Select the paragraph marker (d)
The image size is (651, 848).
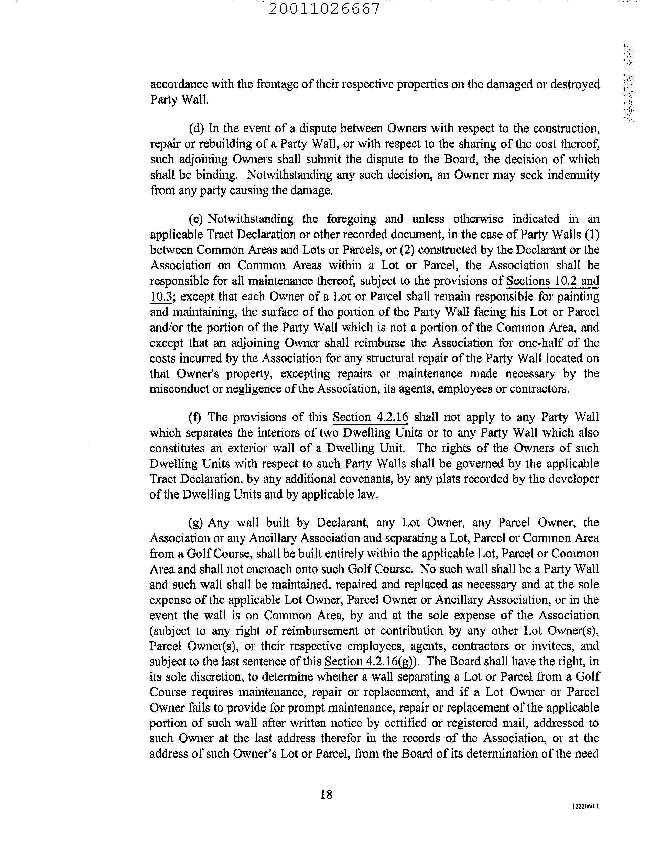[197, 128]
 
